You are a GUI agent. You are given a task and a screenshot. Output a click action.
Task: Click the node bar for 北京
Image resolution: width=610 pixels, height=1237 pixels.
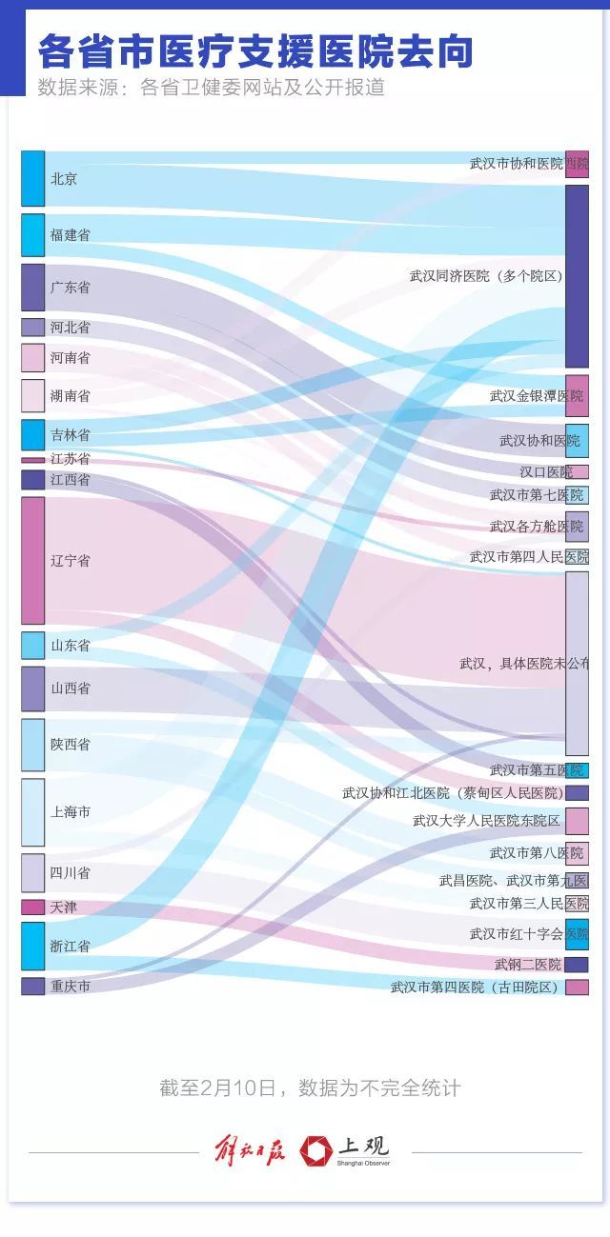coord(32,178)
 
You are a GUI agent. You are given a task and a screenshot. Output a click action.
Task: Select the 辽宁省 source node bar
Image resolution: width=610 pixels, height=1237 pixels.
coord(32,560)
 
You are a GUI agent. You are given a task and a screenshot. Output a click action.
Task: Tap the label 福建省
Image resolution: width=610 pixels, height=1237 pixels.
coord(71,234)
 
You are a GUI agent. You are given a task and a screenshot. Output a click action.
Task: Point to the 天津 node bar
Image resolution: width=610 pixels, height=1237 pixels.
coord(32,908)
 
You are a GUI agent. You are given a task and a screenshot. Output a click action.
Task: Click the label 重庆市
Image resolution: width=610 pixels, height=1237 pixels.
coord(71,987)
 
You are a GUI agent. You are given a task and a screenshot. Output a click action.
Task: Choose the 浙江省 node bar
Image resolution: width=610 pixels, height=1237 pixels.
coord(32,946)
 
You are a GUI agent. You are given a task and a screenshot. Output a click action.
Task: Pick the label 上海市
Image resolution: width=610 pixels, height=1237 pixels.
coord(71,812)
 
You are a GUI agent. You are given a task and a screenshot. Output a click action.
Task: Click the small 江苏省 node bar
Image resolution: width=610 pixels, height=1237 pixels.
coord(32,460)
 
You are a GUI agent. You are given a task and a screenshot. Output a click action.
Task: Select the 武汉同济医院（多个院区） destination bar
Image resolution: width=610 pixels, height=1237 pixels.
coord(577,276)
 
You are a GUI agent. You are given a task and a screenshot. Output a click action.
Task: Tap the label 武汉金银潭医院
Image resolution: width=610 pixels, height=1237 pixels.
coord(536,396)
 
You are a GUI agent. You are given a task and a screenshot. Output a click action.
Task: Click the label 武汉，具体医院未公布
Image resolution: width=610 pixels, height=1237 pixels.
coord(524,663)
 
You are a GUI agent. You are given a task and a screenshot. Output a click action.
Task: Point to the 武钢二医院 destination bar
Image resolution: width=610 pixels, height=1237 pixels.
coord(577,965)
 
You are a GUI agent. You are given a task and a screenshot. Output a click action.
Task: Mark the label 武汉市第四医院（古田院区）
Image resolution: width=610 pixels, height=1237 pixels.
coord(476,988)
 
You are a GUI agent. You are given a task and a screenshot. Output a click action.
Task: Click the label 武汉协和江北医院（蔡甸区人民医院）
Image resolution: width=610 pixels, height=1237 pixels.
coord(452,793)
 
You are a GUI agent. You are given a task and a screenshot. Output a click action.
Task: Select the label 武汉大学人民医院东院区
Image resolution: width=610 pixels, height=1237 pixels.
coord(486,821)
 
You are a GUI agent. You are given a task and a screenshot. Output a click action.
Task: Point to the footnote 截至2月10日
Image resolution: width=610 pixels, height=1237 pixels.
coord(310,1087)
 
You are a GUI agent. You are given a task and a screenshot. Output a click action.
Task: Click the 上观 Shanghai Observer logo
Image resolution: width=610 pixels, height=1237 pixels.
coord(345,1151)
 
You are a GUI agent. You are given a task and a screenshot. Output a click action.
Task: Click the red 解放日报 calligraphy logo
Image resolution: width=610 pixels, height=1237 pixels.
coord(249,1150)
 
